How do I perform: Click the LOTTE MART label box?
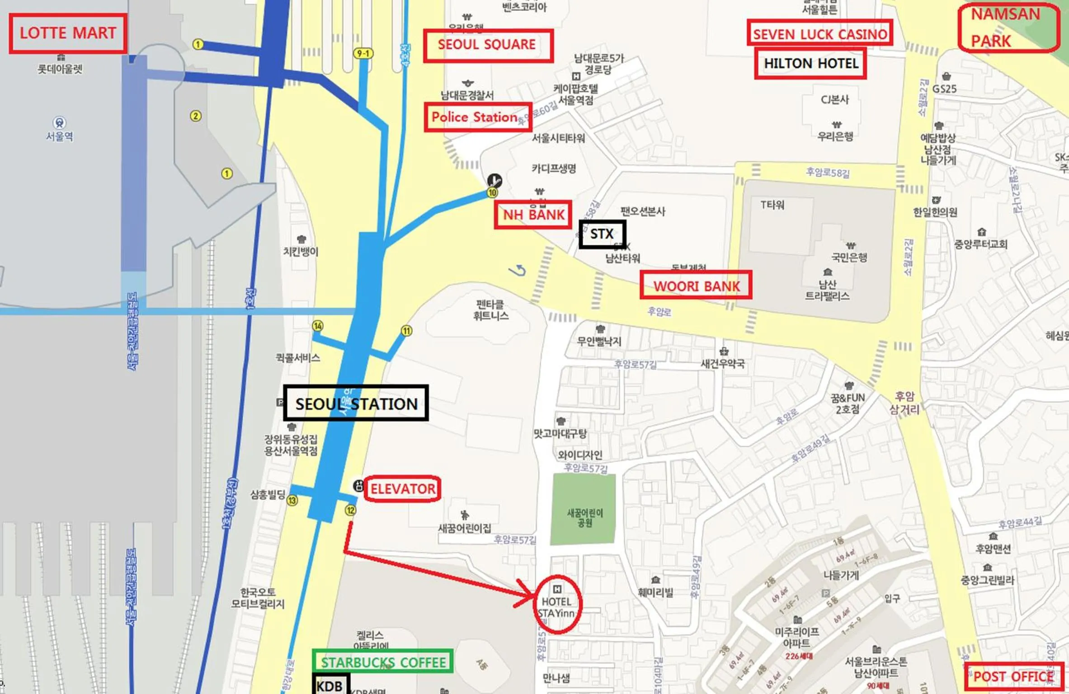tap(68, 33)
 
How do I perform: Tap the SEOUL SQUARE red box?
tap(488, 45)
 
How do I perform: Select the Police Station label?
tap(477, 117)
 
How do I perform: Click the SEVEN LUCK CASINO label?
tap(819, 34)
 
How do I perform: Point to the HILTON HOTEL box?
tap(810, 64)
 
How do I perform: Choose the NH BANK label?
tap(533, 215)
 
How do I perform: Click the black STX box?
tap(602, 234)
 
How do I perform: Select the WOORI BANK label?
tap(696, 286)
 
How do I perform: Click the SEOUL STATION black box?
tap(356, 403)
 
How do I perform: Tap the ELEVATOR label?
tap(402, 488)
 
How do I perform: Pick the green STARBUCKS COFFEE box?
tap(383, 662)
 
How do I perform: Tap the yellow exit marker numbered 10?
tap(492, 193)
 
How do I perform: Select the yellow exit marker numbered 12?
tap(350, 511)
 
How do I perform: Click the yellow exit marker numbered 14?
tap(318, 326)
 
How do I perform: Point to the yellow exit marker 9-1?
tap(363, 54)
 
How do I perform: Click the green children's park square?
tap(583, 509)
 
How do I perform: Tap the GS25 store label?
tap(945, 89)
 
